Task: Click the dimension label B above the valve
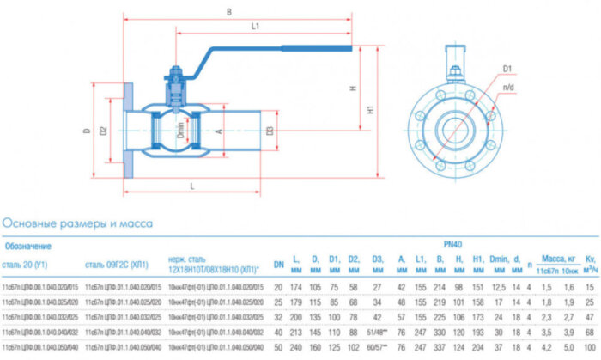click(x=228, y=12)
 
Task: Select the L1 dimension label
click(x=255, y=27)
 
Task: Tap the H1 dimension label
click(x=370, y=110)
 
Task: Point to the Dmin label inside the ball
click(x=180, y=131)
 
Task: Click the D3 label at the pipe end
click(x=269, y=131)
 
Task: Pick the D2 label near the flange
click(x=103, y=131)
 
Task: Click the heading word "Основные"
click(x=33, y=223)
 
